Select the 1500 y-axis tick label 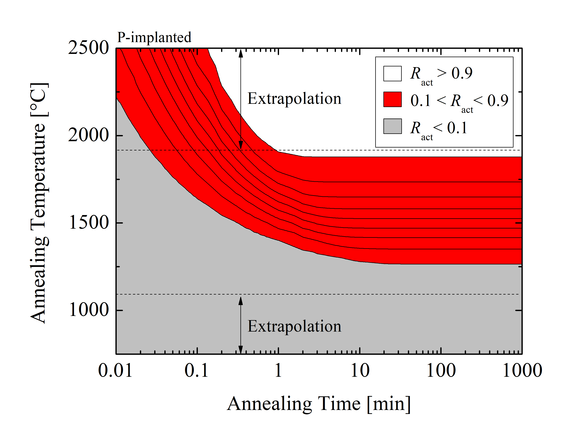(89, 223)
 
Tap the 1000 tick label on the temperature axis (89, 310)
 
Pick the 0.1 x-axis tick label (196, 371)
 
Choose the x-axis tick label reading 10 (360, 371)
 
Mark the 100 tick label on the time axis (441, 371)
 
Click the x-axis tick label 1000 (522, 371)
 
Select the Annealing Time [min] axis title (319, 404)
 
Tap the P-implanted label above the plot (154, 37)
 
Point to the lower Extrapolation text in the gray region (294, 326)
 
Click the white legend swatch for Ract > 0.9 (392, 73)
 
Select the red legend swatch (392, 99)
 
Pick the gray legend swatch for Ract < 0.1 (392, 126)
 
